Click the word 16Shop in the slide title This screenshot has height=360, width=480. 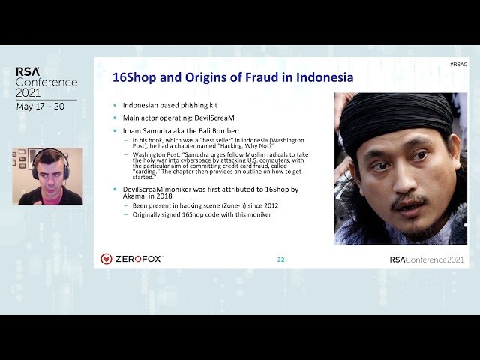(x=132, y=77)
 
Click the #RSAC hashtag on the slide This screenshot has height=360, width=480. (x=458, y=64)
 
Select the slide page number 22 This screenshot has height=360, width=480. (x=280, y=259)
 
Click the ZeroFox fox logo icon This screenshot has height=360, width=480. (x=106, y=259)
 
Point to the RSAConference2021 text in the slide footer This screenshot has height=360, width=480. (x=426, y=259)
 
